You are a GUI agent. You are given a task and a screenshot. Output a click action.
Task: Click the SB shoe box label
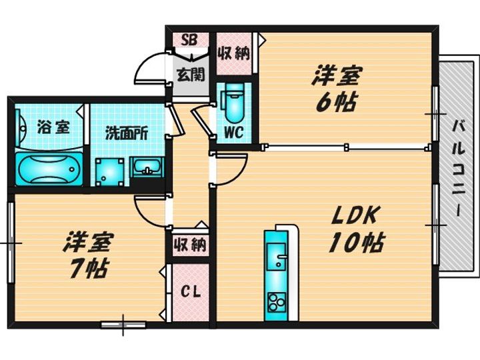tap(189, 40)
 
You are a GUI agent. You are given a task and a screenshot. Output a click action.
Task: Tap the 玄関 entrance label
tap(191, 75)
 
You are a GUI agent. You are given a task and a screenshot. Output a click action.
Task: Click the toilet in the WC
tap(234, 103)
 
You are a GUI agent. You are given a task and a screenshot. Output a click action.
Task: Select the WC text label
tap(233, 132)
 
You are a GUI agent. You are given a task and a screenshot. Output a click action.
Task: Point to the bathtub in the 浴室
tap(49, 169)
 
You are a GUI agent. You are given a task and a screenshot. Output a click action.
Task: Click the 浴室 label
tap(53, 127)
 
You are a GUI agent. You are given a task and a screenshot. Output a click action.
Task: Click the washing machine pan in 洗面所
tap(109, 172)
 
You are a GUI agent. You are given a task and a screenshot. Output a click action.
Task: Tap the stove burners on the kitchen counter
tap(277, 303)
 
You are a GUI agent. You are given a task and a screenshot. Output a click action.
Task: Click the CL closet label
tap(190, 292)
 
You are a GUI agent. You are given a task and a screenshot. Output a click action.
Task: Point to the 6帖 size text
tap(336, 103)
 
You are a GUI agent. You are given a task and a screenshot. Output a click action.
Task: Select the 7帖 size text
tap(88, 269)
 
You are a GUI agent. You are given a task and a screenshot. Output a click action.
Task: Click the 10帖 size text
tap(356, 243)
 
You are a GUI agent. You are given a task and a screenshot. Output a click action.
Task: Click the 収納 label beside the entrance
tap(233, 54)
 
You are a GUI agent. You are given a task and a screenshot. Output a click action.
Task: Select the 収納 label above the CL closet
tap(190, 245)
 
